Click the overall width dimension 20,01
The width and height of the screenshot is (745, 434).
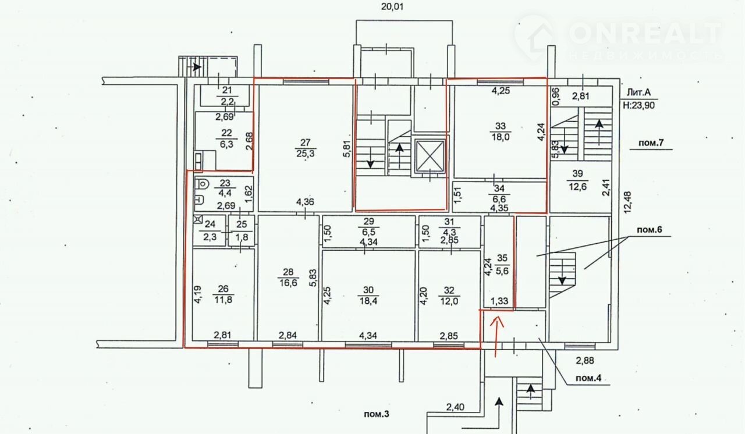(392, 6)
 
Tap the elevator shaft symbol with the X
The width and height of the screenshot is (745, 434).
(430, 156)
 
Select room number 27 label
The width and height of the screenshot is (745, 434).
(306, 143)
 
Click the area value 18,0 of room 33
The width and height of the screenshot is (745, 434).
(500, 137)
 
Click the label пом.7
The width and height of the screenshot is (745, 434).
(651, 143)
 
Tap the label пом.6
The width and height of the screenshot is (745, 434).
(650, 230)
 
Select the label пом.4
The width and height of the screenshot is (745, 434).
(588, 378)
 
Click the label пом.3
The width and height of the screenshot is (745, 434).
(376, 414)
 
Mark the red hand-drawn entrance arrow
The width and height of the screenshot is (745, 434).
(497, 336)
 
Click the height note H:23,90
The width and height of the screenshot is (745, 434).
(638, 105)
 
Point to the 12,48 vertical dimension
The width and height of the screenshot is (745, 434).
(627, 202)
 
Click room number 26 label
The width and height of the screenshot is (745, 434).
(223, 289)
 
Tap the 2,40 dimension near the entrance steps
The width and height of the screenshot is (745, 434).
(455, 407)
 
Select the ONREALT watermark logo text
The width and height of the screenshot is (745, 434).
(646, 33)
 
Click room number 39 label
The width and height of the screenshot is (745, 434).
(578, 173)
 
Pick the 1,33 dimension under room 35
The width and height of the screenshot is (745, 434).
(499, 301)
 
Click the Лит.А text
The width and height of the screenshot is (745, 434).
(638, 92)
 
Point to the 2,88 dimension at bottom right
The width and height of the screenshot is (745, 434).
(585, 361)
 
